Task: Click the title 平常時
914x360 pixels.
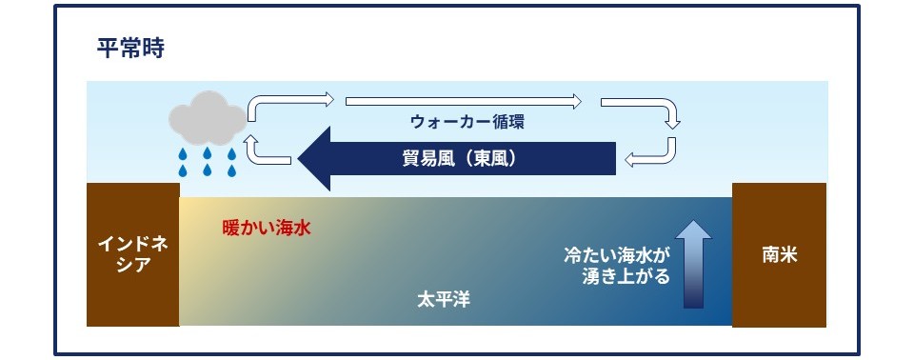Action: click(x=130, y=49)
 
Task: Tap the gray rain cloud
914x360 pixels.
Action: click(x=207, y=118)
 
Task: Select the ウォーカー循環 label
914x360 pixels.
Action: click(x=467, y=122)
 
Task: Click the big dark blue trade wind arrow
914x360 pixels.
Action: click(x=456, y=159)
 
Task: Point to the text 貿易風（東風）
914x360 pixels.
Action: click(x=460, y=159)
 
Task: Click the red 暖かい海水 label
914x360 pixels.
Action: click(x=267, y=229)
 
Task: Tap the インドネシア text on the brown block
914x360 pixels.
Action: click(x=133, y=254)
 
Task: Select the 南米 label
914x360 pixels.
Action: click(x=780, y=255)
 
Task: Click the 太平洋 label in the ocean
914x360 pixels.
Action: click(x=444, y=300)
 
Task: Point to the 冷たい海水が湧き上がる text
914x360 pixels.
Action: click(x=617, y=266)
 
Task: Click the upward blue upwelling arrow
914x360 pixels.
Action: click(x=693, y=264)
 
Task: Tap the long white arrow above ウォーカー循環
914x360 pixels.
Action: click(x=464, y=102)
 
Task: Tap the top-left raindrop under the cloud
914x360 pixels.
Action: click(x=183, y=154)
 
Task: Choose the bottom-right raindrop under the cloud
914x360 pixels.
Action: click(x=232, y=171)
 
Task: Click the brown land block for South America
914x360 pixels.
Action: click(x=779, y=255)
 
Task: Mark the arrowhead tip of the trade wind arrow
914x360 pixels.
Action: click(x=298, y=159)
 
